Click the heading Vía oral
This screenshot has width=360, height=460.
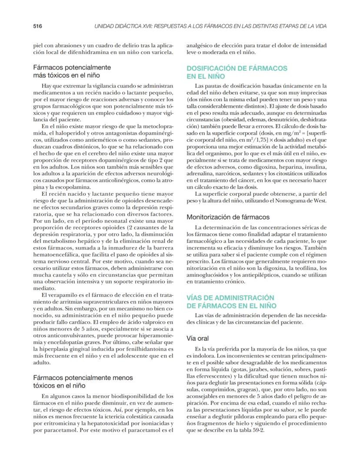click(198, 338)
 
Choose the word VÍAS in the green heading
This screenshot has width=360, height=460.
click(196, 297)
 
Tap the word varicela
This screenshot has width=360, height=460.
click(162, 53)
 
